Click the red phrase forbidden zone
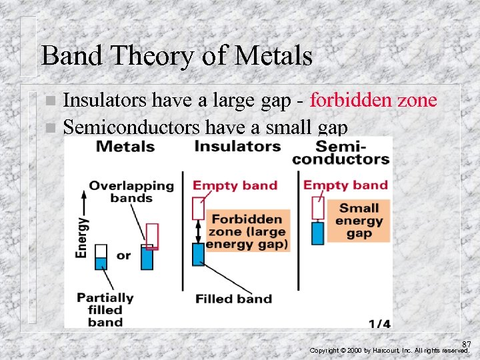pyautogui.click(x=373, y=100)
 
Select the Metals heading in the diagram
pyautogui.click(x=125, y=146)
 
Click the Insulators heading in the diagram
pyautogui.click(x=237, y=146)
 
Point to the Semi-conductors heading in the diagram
pyautogui.click(x=341, y=152)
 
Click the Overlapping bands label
pyautogui.click(x=131, y=191)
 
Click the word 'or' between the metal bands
pyautogui.click(x=123, y=256)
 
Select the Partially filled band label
pyautogui.click(x=105, y=309)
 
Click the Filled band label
pyautogui.click(x=233, y=299)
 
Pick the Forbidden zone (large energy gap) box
pyautogui.click(x=247, y=231)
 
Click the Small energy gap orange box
pyautogui.click(x=359, y=221)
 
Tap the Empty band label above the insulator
pyautogui.click(x=235, y=185)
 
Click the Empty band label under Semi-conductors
pyautogui.click(x=345, y=185)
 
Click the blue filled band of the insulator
pyautogui.click(x=198, y=254)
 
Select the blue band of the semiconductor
pyautogui.click(x=318, y=233)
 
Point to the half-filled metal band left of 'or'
pyautogui.click(x=101, y=257)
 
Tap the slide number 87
pyautogui.click(x=466, y=344)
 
